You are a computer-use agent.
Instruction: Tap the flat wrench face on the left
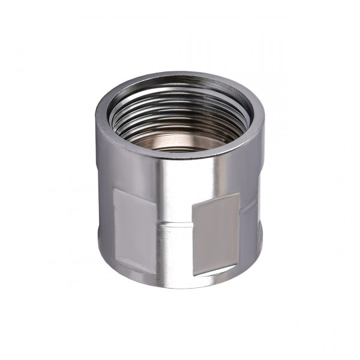(x=135, y=223)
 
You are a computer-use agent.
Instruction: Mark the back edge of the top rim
(x=180, y=75)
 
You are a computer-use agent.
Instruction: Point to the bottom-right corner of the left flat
(x=157, y=268)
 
